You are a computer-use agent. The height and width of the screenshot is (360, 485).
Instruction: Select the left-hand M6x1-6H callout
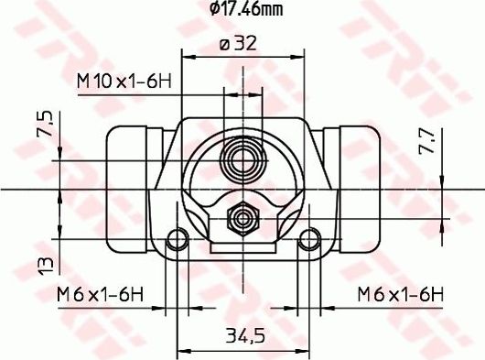100,294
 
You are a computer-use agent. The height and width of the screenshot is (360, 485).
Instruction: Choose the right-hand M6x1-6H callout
400,294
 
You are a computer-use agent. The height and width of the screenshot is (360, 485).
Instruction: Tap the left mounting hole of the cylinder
179,242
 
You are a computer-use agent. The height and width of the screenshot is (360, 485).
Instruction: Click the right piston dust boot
356,190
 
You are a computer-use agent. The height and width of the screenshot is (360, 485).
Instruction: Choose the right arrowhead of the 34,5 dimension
307,350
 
